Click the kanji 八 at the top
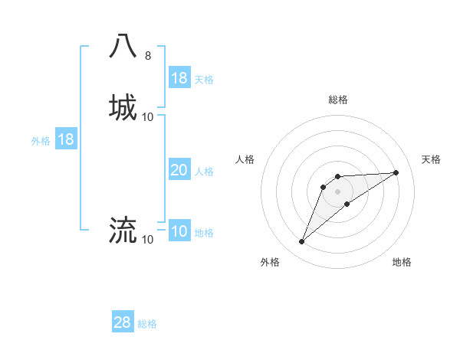tap(123, 46)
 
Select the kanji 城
tap(123, 106)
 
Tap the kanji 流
tap(123, 229)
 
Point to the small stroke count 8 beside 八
tap(147, 56)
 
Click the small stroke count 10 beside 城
tap(148, 116)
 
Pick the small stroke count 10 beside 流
tap(148, 240)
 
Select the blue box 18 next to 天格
tap(179, 78)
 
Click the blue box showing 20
tap(179, 170)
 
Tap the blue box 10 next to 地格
tap(179, 231)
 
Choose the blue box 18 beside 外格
tap(66, 139)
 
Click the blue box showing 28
tap(123, 322)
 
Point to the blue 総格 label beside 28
tap(147, 324)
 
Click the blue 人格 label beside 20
tap(204, 172)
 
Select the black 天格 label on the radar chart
tap(432, 159)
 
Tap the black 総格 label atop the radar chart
tap(338, 100)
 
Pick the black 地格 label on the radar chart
tap(402, 262)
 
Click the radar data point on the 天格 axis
tap(396, 172)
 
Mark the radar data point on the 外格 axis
tap(301, 242)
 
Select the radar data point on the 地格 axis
tap(347, 203)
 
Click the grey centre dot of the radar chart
tap(338, 191)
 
